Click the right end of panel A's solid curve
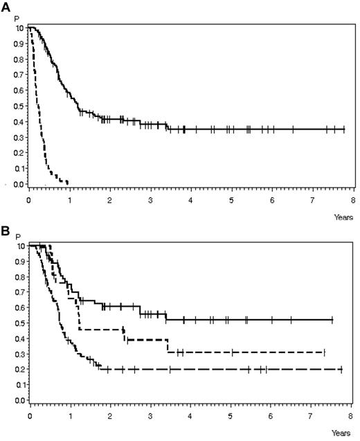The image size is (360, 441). [x=344, y=129]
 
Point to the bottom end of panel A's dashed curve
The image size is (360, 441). [x=67, y=182]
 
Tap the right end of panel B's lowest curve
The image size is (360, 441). [x=341, y=370]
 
